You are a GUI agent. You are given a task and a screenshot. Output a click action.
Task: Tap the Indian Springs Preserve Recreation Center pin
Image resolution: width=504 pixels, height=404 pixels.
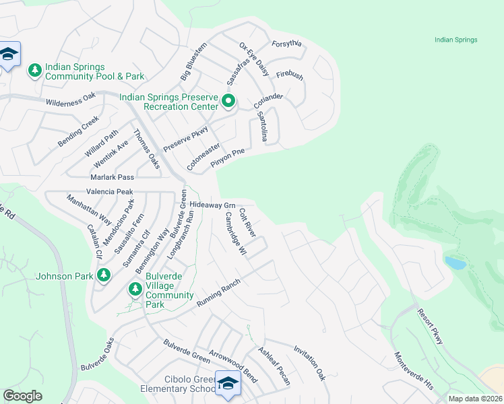(x=228, y=102)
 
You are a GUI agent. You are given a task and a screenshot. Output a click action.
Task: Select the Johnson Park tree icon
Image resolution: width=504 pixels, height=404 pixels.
(x=103, y=275)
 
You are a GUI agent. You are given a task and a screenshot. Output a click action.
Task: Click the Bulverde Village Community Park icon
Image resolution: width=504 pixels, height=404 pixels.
(x=135, y=289)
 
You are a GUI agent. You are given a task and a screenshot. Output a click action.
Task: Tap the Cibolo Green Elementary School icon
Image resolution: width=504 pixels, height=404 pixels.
(x=228, y=382)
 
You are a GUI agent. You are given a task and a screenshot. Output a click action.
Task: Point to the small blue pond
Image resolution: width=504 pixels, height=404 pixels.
(x=455, y=263)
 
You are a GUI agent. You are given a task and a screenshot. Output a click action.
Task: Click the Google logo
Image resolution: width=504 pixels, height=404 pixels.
(x=22, y=395)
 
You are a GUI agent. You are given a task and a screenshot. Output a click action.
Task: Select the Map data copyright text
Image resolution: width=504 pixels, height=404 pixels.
(x=475, y=399)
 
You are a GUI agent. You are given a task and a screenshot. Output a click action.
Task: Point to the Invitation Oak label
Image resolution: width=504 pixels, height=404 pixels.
(x=309, y=364)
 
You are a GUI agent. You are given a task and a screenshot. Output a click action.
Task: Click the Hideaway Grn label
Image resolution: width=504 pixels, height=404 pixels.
(x=212, y=205)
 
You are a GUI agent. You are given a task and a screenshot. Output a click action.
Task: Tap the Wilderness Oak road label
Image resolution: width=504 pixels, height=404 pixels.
(x=71, y=102)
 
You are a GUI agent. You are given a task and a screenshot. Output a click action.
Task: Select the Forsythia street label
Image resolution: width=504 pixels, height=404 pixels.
(x=286, y=44)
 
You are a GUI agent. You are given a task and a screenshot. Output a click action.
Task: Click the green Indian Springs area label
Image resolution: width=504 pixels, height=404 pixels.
(x=456, y=40)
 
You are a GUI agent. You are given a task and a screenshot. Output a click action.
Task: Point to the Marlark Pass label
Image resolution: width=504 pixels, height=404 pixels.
(x=113, y=177)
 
